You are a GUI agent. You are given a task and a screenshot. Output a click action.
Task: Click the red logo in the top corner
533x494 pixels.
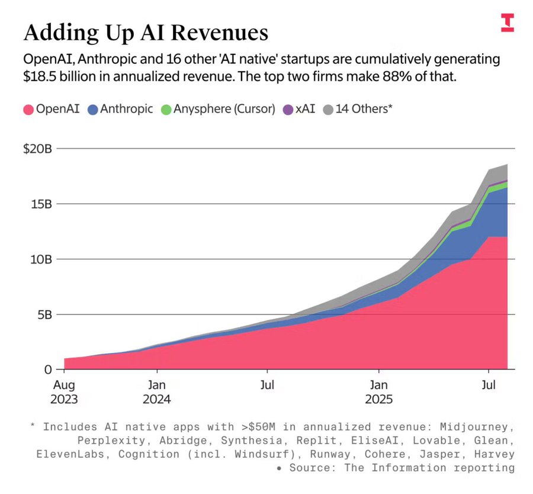507,22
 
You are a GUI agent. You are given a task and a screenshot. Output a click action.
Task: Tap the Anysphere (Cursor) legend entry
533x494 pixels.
218,109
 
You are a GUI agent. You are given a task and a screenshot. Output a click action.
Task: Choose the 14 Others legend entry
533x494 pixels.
358,109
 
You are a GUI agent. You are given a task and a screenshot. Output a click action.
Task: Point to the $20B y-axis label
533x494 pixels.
37,149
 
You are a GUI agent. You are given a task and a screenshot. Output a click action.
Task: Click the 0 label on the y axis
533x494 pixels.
49,369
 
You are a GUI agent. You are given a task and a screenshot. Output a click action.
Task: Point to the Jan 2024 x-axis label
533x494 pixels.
157,392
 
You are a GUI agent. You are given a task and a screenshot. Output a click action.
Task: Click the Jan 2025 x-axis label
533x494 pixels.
379,392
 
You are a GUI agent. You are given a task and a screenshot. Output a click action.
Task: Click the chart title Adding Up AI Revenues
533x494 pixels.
146,33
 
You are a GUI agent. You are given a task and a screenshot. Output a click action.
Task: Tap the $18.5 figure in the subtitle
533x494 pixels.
41,77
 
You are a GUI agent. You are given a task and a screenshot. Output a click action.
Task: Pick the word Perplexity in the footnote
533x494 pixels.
107,440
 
